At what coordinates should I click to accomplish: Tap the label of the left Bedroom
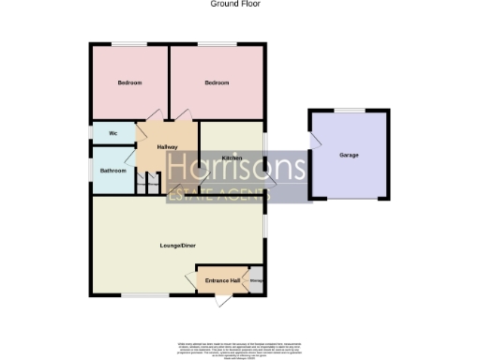129,83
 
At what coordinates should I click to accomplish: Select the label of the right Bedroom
217,83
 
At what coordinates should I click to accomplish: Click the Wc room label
112,133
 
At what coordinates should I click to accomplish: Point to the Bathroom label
113,171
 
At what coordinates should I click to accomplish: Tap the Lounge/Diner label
177,246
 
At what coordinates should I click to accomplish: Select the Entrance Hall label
223,280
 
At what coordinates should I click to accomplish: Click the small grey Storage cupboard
256,279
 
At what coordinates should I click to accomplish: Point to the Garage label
349,155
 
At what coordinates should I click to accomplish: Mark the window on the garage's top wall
350,111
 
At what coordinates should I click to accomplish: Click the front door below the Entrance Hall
223,299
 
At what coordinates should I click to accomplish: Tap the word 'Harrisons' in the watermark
236,168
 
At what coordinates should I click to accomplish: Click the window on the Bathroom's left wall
91,170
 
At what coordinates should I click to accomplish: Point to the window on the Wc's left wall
91,133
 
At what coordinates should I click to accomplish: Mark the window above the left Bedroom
129,44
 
